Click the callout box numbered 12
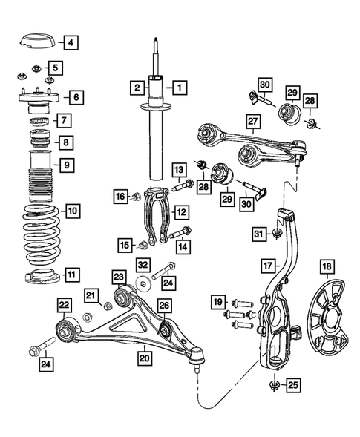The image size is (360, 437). pyautogui.click(x=181, y=211)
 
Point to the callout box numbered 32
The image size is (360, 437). pyautogui.click(x=143, y=265)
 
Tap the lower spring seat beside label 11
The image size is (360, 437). pyautogui.click(x=37, y=280)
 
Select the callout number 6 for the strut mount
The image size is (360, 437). pyautogui.click(x=77, y=96)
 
